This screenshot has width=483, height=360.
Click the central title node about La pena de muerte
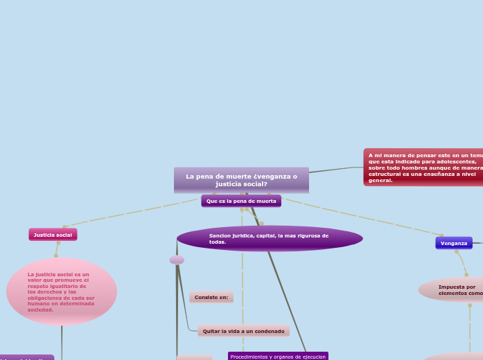[x=241, y=180]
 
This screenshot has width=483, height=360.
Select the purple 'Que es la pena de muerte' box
[x=241, y=201]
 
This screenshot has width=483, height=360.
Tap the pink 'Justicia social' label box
[x=53, y=235]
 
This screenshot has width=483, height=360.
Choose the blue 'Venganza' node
[x=454, y=243]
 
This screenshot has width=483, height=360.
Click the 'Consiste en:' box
[x=211, y=297]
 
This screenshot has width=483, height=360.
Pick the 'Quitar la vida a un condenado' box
[x=243, y=331]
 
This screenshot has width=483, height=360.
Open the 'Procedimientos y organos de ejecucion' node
[x=278, y=356]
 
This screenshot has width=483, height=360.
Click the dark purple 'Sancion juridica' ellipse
[x=270, y=238]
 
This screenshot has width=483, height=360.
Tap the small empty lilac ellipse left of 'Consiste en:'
[x=177, y=260]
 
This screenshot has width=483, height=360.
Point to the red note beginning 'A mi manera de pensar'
[x=423, y=168]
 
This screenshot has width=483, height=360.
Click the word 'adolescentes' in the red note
[x=457, y=161]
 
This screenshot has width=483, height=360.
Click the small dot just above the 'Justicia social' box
[x=64, y=226]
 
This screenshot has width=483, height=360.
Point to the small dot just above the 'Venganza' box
[x=441, y=235]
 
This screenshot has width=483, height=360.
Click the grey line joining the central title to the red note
[x=336, y=170]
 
